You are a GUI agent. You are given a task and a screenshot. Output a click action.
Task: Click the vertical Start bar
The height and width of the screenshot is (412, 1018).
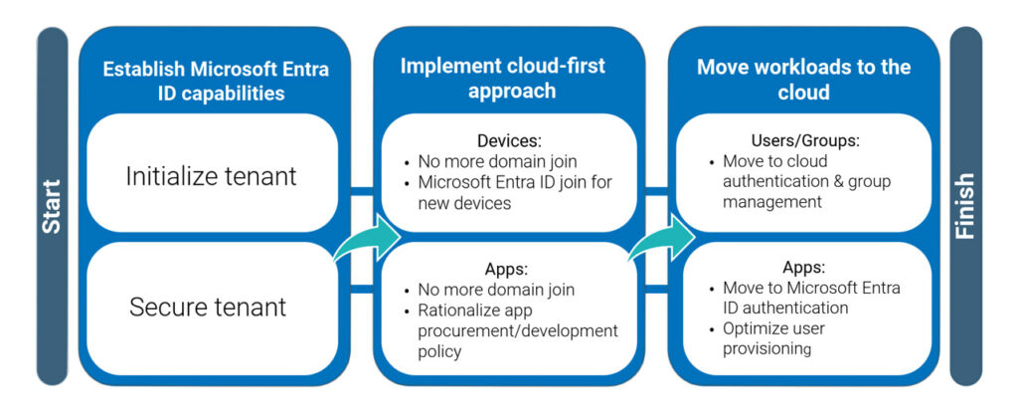(x=51, y=206)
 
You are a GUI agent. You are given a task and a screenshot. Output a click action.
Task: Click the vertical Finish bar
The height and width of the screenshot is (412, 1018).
(x=965, y=206)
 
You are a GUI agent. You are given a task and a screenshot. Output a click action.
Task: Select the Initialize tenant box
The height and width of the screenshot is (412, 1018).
(x=211, y=176)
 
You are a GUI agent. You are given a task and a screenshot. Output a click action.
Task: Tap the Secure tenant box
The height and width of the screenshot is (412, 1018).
(x=208, y=308)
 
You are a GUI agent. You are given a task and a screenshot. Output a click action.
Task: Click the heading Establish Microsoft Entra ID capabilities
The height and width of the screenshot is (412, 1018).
(x=215, y=82)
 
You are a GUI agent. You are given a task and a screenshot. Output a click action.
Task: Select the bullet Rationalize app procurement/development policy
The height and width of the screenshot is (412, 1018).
(x=517, y=330)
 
